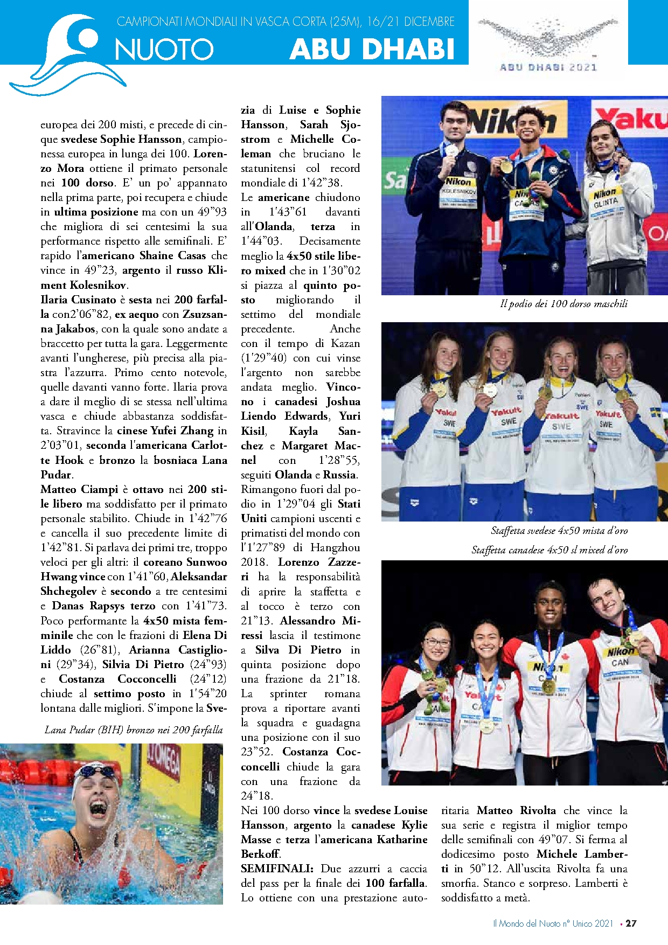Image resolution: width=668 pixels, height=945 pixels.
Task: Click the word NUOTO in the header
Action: click(164, 50)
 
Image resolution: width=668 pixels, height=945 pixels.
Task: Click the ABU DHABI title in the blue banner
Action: click(372, 49)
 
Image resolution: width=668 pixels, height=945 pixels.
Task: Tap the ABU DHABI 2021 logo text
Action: click(548, 67)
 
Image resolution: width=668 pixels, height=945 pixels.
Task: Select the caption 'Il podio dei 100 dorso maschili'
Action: click(563, 304)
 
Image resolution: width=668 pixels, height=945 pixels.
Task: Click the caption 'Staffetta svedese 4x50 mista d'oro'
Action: click(559, 531)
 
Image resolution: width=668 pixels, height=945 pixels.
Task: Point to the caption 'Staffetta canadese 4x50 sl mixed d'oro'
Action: click(549, 550)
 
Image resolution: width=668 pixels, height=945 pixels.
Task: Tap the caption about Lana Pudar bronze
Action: click(134, 730)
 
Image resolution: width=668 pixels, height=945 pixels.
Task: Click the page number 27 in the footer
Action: click(631, 923)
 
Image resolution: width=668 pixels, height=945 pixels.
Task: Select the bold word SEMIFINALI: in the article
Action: click(277, 868)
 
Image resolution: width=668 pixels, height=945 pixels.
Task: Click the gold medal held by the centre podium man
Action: click(506, 166)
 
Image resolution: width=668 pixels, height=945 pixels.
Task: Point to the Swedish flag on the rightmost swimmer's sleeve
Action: click(656, 413)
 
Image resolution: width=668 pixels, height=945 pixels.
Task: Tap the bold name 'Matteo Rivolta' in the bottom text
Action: click(516, 810)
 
